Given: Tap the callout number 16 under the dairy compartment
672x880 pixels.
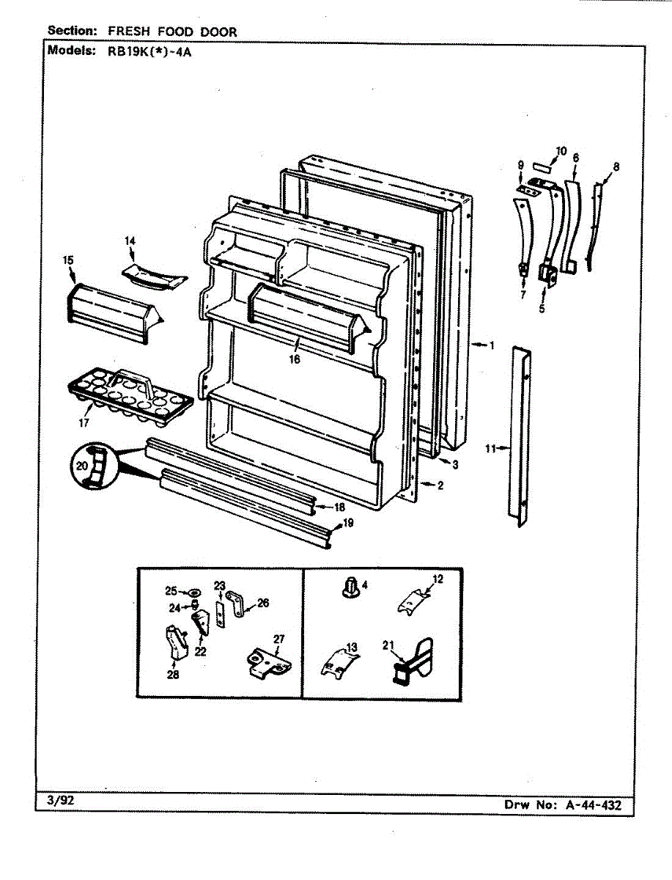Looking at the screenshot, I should click(294, 359).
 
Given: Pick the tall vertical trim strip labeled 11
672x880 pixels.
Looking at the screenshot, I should click(521, 436).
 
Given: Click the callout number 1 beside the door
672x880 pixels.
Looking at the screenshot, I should click(492, 345).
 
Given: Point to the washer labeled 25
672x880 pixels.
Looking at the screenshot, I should click(194, 591).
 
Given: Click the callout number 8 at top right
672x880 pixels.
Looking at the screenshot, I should click(616, 166).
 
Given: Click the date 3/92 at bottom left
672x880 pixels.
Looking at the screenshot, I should click(61, 800).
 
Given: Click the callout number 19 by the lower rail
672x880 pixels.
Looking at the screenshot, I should click(349, 523).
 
